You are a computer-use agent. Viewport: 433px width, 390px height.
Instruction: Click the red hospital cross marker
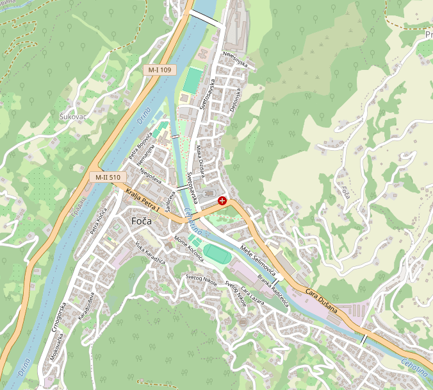222,201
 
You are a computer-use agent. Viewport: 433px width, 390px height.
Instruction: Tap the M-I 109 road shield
159,69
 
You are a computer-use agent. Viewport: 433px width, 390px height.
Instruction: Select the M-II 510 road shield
107,177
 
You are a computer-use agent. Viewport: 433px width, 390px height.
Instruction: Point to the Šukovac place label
72,117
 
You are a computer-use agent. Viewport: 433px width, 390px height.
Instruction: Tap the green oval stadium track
216,253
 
